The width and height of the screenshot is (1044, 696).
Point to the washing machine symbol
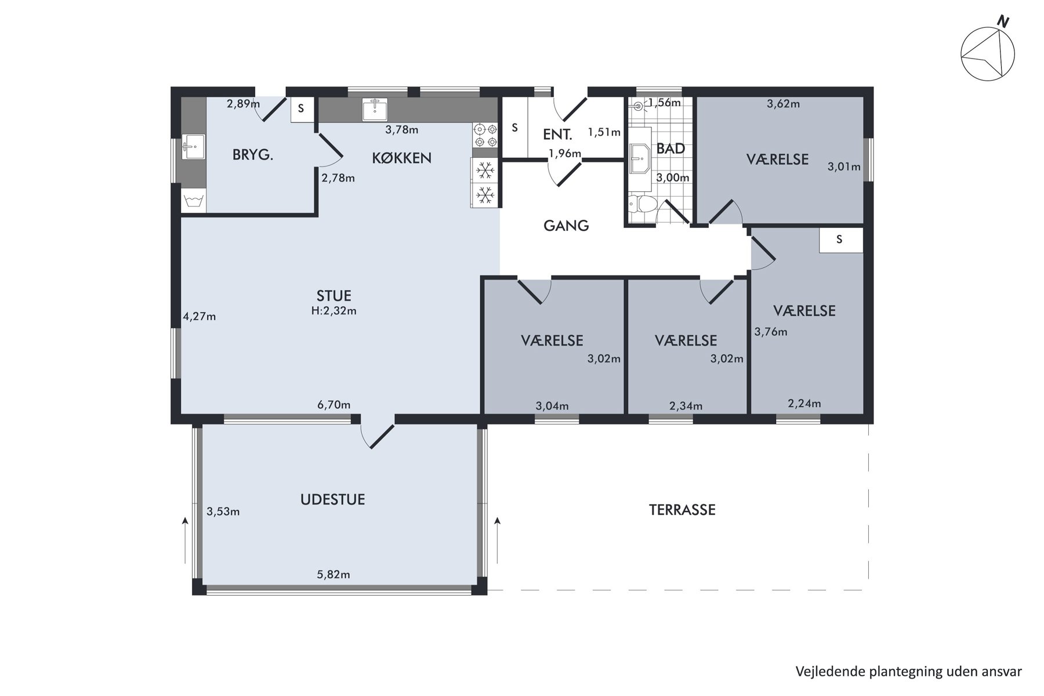193,201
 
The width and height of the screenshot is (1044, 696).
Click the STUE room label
334,296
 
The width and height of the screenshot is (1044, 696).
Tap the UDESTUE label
333,499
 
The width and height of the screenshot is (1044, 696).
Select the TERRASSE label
682,510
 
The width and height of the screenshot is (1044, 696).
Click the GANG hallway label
566,226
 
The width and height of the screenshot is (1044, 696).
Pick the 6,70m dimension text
333,405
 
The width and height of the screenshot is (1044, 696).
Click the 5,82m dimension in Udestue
333,575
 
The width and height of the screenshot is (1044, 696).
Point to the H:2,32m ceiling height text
334,311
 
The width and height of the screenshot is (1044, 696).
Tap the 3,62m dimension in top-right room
784,104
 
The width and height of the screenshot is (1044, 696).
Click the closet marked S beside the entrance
514,128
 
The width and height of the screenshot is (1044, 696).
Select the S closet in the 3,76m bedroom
840,240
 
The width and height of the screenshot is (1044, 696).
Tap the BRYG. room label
253,155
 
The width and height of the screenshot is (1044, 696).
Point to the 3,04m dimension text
552,406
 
